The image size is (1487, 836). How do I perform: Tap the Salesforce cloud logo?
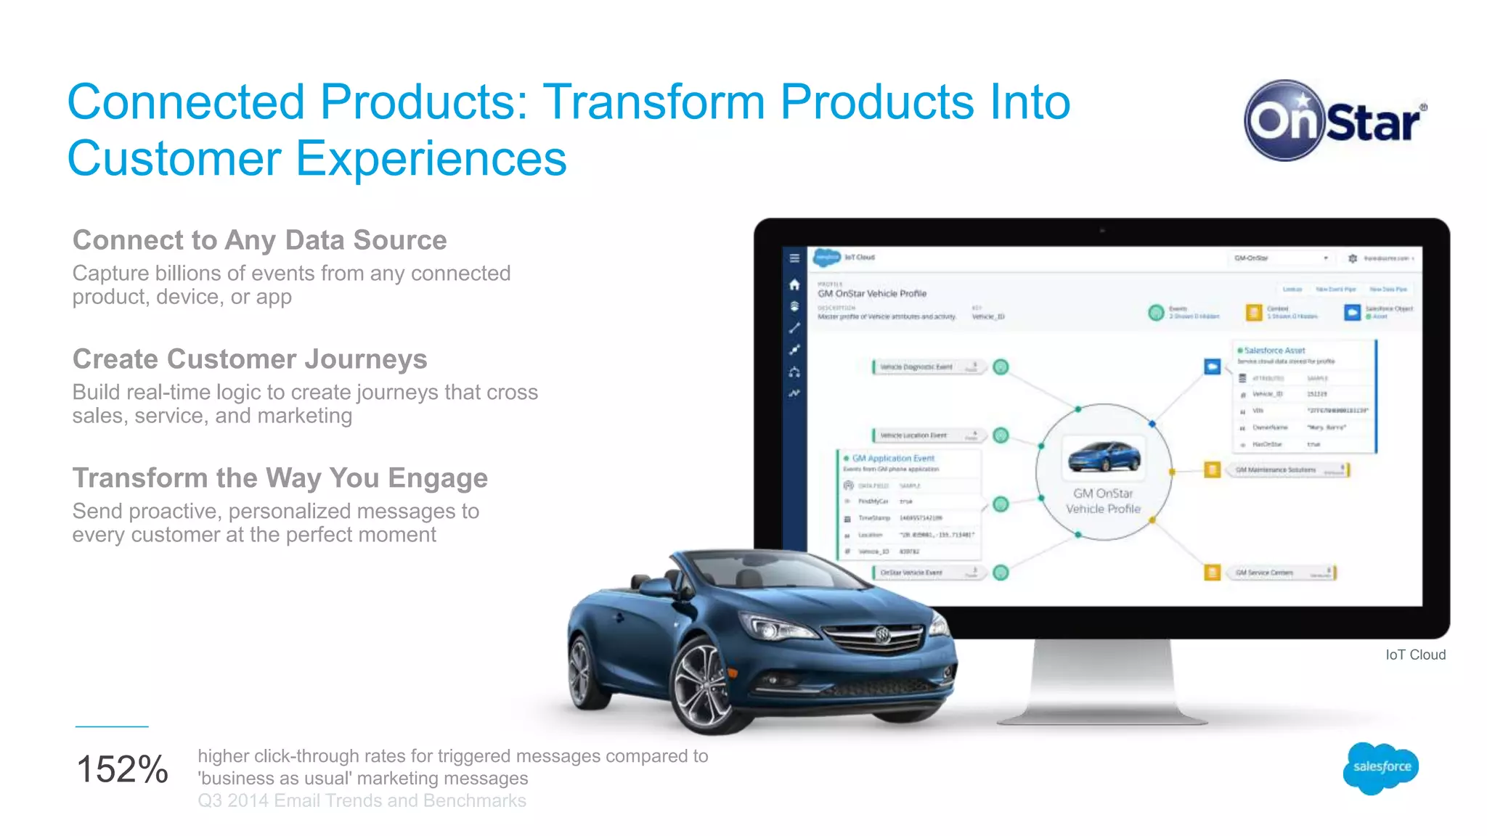pos(1380,767)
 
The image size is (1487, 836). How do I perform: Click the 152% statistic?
pos(122,769)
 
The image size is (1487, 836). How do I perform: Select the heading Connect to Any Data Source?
pos(259,240)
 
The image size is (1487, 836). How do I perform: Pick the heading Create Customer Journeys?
pos(250,359)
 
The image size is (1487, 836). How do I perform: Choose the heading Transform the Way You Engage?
pos(280,478)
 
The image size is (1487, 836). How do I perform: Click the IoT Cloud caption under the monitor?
pos(1415,655)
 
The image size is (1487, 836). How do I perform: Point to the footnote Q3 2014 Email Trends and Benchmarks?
pos(362,800)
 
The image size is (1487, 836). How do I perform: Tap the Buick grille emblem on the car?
pos(882,634)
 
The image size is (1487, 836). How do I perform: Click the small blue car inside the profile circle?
pos(1104,457)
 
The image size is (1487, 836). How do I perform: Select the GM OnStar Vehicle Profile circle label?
pos(1103,501)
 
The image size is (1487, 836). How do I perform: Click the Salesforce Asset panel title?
pos(1274,351)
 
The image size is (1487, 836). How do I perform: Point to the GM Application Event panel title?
pos(892,459)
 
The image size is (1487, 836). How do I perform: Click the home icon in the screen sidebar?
pos(794,284)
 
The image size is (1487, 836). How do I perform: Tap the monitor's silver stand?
pos(1101,682)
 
